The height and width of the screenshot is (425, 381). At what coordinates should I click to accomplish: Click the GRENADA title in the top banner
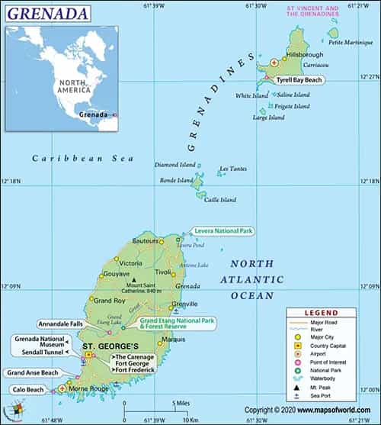pyautogui.click(x=45, y=13)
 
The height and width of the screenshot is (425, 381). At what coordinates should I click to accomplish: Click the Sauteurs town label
pyautogui.click(x=145, y=240)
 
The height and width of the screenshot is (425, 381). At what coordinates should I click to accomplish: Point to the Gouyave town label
pyautogui.click(x=116, y=272)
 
